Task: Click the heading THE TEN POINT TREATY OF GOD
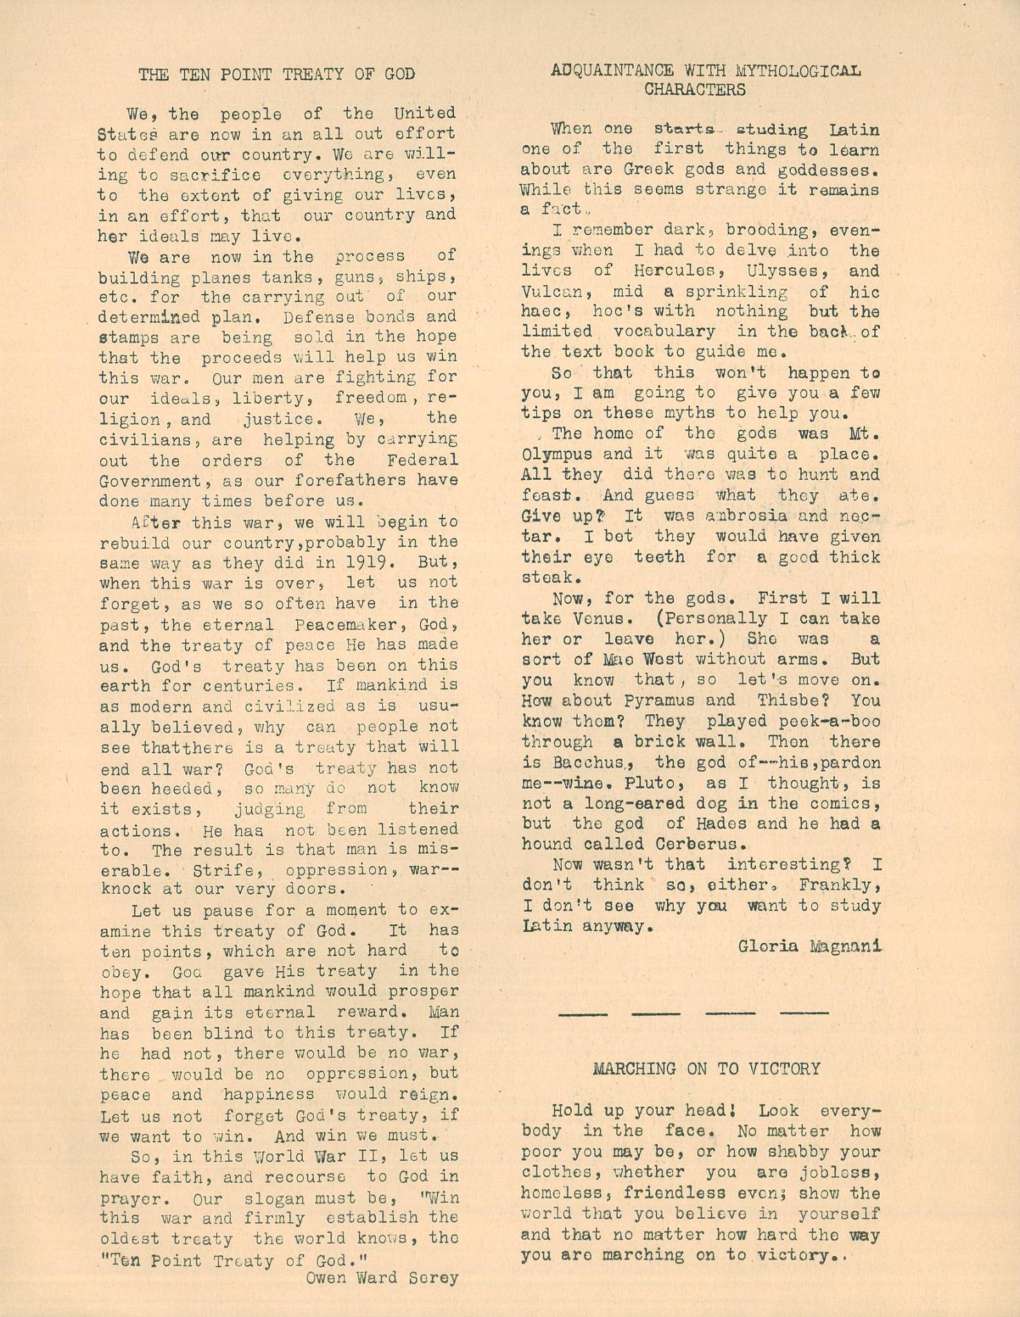(276, 75)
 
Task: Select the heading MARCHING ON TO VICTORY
(706, 1069)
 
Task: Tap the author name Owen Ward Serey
(382, 1277)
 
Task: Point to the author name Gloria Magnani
(810, 946)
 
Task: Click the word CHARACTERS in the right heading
(695, 90)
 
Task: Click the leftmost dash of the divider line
(583, 1014)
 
